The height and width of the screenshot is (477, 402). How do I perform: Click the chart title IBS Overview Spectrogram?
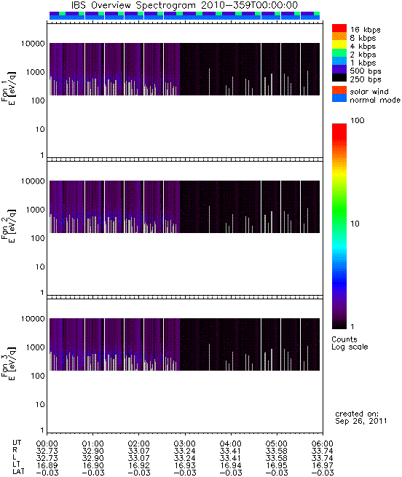[133, 6]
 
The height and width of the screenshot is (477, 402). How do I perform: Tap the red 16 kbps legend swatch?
[339, 28]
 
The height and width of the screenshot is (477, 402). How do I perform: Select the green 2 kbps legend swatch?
[339, 53]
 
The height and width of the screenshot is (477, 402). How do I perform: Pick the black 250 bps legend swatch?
[339, 78]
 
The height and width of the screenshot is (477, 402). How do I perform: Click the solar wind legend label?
[369, 92]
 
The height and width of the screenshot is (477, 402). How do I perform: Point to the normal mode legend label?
[375, 100]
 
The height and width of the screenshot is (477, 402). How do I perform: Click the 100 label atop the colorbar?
[358, 120]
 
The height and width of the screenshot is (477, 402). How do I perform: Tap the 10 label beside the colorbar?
[355, 224]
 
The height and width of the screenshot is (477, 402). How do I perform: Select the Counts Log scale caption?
[350, 343]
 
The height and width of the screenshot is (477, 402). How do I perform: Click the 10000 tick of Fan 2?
[33, 181]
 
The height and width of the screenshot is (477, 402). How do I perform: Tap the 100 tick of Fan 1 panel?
[38, 100]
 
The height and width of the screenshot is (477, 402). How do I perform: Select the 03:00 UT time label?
[185, 444]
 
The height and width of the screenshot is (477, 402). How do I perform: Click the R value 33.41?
[230, 451]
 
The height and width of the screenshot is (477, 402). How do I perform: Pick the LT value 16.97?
[323, 465]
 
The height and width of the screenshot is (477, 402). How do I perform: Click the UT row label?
[17, 443]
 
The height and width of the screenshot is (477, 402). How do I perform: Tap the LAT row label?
[18, 471]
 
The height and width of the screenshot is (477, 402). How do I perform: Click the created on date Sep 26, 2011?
[361, 422]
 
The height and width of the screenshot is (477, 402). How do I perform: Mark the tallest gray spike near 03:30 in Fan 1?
[209, 82]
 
